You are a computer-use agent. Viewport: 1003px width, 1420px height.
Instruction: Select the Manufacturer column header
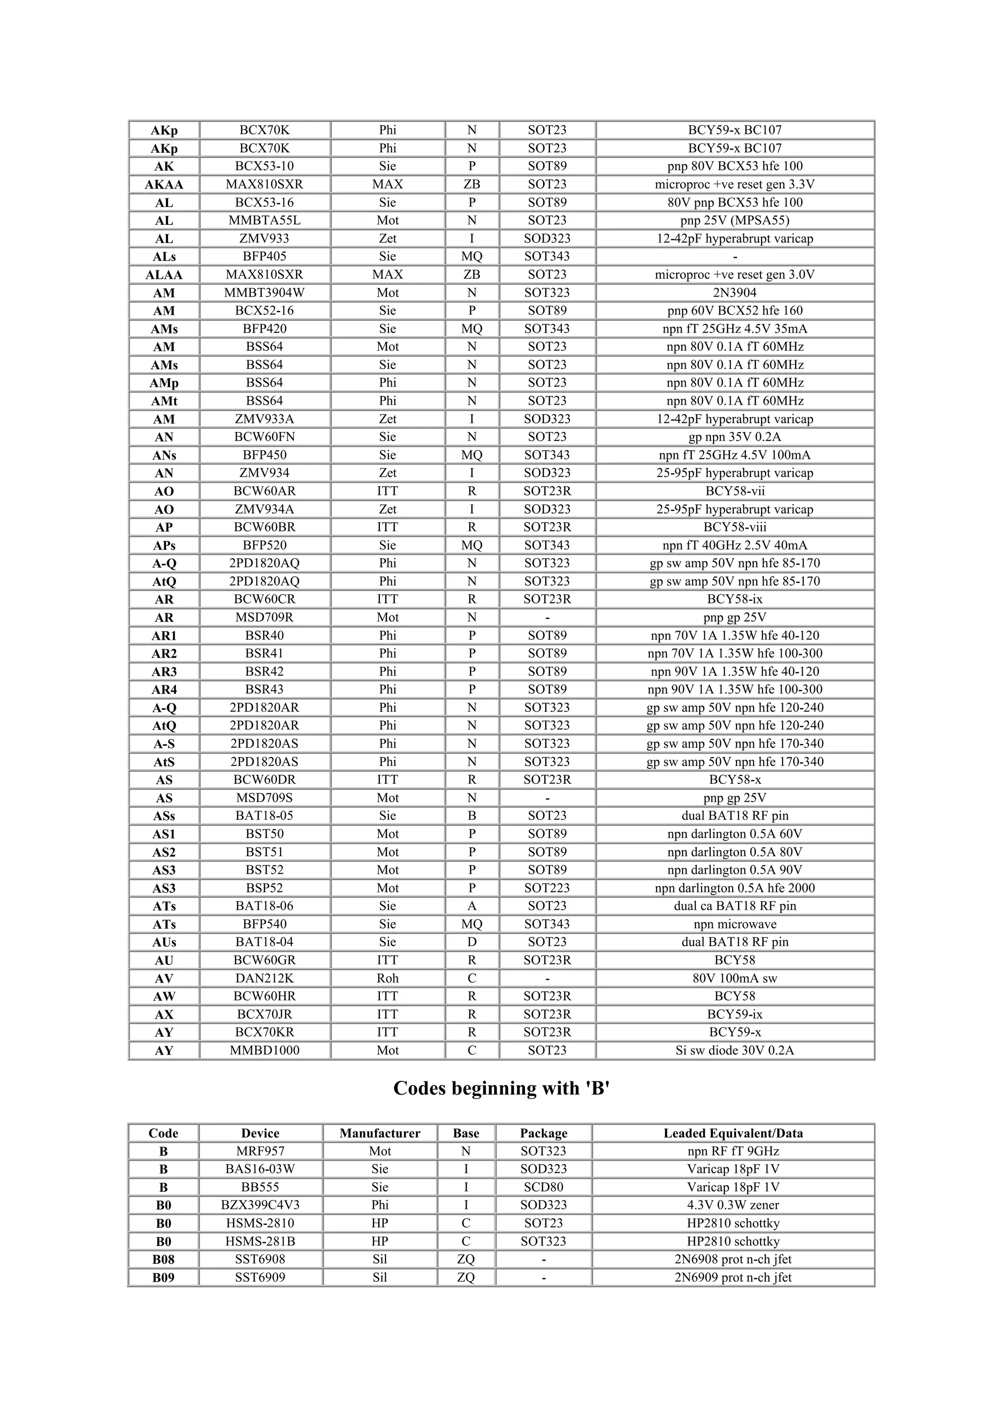(380, 1133)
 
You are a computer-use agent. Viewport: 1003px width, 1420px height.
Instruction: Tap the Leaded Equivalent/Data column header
(733, 1133)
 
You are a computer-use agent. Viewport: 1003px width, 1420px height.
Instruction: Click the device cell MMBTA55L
(264, 220)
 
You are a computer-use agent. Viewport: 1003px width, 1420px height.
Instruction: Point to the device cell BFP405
(264, 256)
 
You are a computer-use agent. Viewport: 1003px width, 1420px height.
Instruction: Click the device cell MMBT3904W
(264, 293)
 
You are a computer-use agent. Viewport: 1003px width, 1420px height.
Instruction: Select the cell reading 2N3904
(735, 293)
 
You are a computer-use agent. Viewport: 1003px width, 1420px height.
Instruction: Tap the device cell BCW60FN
(264, 437)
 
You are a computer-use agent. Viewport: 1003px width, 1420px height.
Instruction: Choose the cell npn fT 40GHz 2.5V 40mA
(735, 545)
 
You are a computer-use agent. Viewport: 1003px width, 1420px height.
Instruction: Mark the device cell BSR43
(264, 689)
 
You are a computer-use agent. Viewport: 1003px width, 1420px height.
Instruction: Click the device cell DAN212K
(264, 979)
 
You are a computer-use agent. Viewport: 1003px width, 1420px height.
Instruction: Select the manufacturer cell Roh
(387, 979)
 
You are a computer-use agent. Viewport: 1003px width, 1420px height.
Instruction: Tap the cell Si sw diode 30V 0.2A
(735, 1050)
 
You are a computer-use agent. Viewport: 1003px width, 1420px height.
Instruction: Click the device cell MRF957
(260, 1151)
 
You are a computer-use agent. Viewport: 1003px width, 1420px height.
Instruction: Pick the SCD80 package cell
(543, 1187)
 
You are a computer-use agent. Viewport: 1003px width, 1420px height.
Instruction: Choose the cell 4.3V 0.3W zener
(733, 1205)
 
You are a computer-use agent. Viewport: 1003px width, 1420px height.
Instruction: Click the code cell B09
(163, 1277)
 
